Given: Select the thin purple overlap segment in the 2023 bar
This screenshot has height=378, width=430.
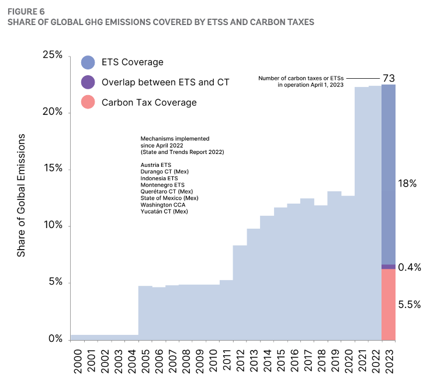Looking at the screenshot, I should coord(389,267).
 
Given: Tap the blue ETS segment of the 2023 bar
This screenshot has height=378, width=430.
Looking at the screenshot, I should coord(389,175).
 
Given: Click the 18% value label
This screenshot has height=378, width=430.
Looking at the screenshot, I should coord(407,183).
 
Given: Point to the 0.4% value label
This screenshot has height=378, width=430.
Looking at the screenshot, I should coord(410,267).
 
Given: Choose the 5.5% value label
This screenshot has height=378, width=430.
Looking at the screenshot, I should coord(409,304).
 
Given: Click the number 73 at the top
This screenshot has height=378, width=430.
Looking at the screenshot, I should coord(389,78).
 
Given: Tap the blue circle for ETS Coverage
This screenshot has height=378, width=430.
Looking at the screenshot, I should coord(88,62).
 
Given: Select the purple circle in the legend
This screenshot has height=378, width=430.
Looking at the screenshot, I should coord(88,82).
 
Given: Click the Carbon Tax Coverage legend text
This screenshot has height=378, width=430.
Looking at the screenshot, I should coord(149,103).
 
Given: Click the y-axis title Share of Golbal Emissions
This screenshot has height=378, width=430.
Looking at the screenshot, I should coord(22,195).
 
